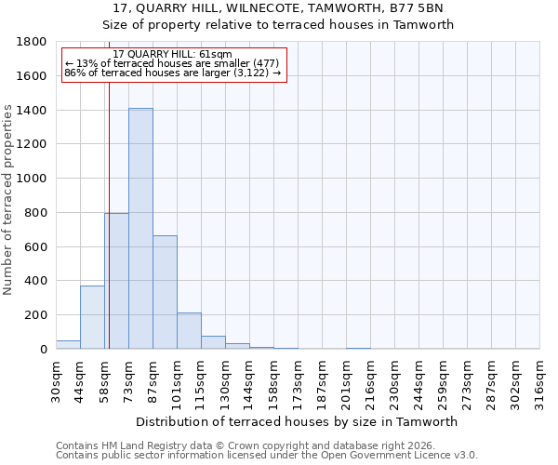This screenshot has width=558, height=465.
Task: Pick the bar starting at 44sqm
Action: coord(92,317)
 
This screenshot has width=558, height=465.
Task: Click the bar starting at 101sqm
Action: coord(189,331)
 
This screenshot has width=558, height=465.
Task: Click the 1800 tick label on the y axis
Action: coord(33,42)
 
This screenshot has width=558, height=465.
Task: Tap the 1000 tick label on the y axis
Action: coord(33,179)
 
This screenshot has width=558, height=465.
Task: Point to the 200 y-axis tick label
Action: coord(36,315)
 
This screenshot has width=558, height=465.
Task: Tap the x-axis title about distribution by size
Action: coord(297,421)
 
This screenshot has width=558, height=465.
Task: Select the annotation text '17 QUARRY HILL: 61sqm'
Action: coord(172,55)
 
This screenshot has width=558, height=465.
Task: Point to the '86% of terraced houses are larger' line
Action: coord(172,73)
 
